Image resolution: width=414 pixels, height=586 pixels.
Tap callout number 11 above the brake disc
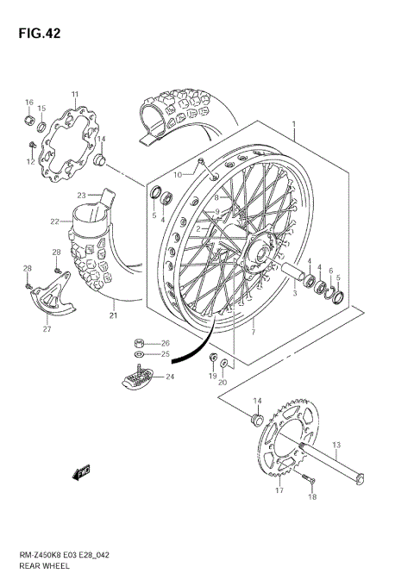point(75,94)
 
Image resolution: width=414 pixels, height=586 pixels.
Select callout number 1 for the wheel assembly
point(294,126)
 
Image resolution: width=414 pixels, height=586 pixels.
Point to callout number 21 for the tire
point(113,315)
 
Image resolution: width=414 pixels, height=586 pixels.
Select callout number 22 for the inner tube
point(54,221)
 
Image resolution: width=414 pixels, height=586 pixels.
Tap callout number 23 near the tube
point(81,195)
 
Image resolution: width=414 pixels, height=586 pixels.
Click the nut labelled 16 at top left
point(28,117)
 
